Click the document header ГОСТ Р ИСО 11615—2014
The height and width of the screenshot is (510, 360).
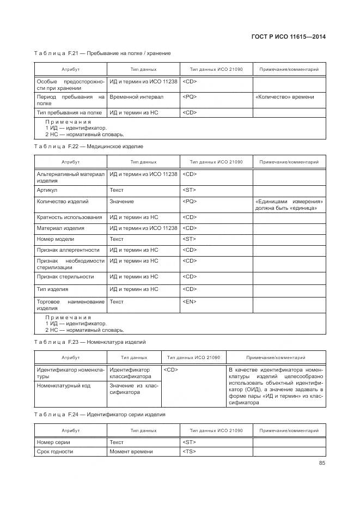pyautogui.click(x=292, y=37)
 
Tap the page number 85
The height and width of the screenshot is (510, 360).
pyautogui.click(x=322, y=464)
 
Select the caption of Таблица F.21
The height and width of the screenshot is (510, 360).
pyautogui.click(x=102, y=53)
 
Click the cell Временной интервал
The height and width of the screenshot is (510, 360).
pyautogui.click(x=136, y=97)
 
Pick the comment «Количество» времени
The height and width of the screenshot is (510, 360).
pyautogui.click(x=284, y=97)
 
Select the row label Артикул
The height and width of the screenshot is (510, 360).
pyautogui.click(x=47, y=190)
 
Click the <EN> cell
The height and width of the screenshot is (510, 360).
pyautogui.click(x=190, y=301)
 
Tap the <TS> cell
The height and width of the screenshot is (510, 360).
pyautogui.click(x=189, y=452)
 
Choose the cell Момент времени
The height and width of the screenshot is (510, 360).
pyautogui.click(x=131, y=452)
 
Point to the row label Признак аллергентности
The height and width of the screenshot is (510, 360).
pyautogui.click(x=68, y=250)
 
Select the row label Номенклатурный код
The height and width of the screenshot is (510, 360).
pyautogui.click(x=64, y=385)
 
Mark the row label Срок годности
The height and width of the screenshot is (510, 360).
pyautogui.click(x=55, y=452)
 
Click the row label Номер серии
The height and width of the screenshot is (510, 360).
pyautogui.click(x=53, y=442)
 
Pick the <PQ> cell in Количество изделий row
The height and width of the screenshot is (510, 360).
pyautogui.click(x=190, y=202)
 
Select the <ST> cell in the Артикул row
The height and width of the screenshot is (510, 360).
pyautogui.click(x=189, y=190)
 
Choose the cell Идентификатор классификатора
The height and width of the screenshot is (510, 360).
pyautogui.click(x=130, y=373)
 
